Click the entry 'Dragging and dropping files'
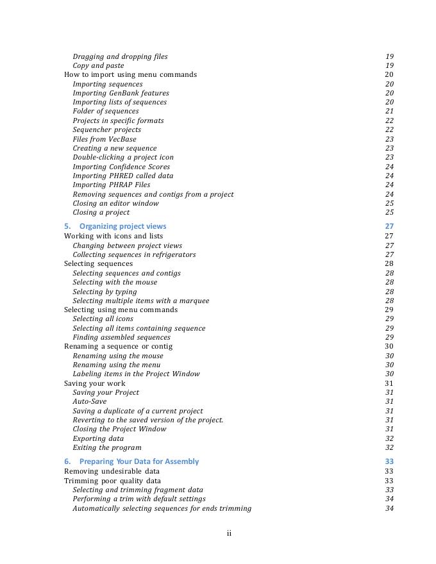(120, 56)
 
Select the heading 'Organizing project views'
(122, 226)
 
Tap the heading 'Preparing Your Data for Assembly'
(139, 461)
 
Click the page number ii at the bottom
(229, 533)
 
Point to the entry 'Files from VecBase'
(105, 139)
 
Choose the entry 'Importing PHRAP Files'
(112, 185)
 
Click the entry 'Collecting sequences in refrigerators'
(134, 254)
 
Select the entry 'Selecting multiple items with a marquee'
(140, 301)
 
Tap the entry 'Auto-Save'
(90, 401)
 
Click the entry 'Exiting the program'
(107, 447)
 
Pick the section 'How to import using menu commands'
(130, 74)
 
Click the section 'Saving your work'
(95, 383)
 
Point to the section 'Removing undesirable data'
(112, 471)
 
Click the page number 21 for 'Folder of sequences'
(389, 111)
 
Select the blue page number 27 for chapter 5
(389, 226)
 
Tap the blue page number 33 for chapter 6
(389, 461)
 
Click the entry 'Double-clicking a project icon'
(123, 157)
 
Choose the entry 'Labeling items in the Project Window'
(136, 374)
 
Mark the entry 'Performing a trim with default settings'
(139, 499)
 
